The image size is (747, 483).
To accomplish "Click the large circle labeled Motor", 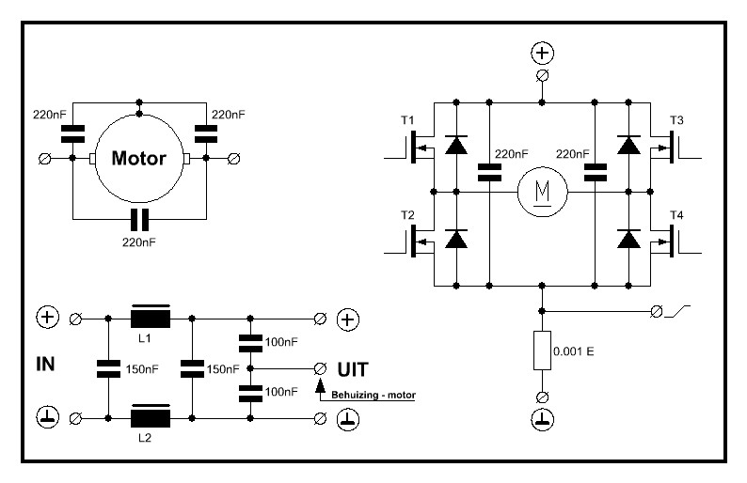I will (x=139, y=158).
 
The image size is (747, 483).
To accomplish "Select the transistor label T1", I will (x=406, y=121).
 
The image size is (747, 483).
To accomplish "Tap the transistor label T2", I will (x=406, y=215).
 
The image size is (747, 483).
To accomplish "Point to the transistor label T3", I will (x=676, y=121).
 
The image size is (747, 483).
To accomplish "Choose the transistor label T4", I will (x=676, y=215).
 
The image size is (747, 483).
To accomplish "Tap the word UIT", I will (x=351, y=367).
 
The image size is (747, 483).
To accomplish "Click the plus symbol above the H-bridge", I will (x=541, y=53).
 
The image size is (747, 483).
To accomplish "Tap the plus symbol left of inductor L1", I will (x=46, y=319).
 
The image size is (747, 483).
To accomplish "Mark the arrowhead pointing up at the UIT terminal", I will (x=319, y=384).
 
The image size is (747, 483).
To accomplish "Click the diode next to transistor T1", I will (x=456, y=145).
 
